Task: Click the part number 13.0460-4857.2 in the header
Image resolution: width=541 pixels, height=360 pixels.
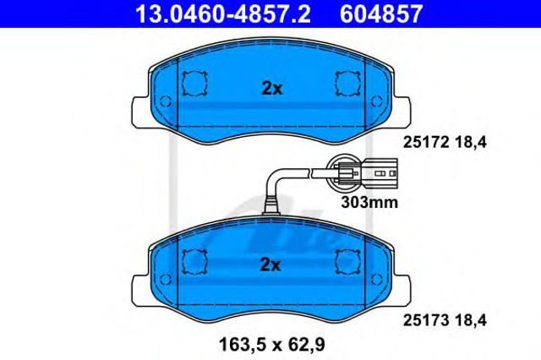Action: tap(223, 14)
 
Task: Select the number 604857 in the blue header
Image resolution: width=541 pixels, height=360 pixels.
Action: tap(381, 14)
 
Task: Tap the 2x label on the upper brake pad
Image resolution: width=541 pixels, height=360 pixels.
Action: tap(272, 89)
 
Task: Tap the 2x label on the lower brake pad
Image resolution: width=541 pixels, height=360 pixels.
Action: tap(270, 265)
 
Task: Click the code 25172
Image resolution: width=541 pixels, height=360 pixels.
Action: tap(426, 142)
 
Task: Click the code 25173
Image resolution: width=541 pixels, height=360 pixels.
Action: tap(426, 320)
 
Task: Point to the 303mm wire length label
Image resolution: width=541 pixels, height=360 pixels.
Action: tap(369, 203)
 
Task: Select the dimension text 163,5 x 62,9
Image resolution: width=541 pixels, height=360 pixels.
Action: tap(272, 344)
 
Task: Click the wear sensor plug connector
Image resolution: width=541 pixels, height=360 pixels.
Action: tap(379, 172)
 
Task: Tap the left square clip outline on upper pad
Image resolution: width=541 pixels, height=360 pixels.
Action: tap(194, 84)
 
